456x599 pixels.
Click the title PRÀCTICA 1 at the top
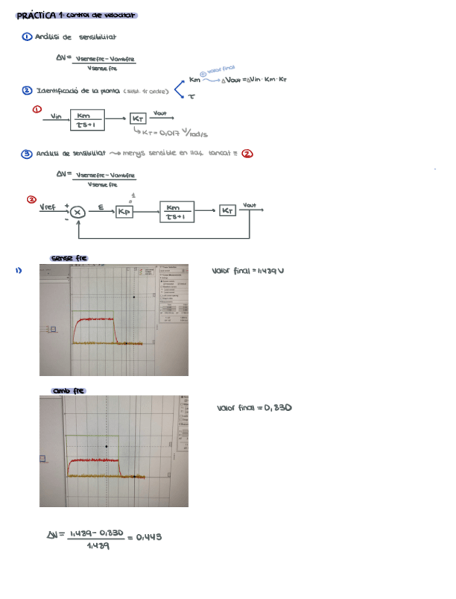pos(44,16)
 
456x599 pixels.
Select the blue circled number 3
pos(26,152)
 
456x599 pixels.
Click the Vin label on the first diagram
pos(56,116)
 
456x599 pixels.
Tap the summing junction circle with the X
pos(78,210)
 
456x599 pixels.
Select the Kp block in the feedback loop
pos(124,211)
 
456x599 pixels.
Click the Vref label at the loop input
pos(48,207)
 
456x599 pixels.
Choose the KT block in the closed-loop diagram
pos(227,210)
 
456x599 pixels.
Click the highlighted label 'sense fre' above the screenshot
pos(68,258)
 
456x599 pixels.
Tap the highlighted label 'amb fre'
pos(68,391)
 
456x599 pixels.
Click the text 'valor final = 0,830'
pos(254,408)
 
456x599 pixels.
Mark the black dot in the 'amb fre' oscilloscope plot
pos(107,446)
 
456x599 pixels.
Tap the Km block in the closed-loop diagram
pos(176,211)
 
